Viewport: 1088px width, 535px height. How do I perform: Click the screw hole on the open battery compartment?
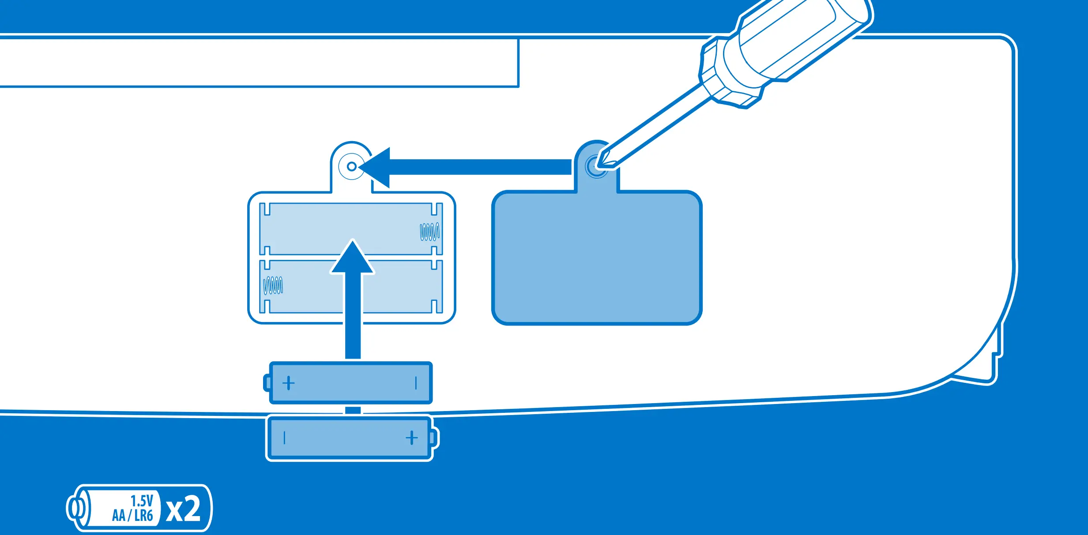(x=352, y=166)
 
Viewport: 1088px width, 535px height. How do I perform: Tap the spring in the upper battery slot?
(x=429, y=232)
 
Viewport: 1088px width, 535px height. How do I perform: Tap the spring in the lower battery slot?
(x=273, y=285)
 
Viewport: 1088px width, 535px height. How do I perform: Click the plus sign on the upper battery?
(x=288, y=383)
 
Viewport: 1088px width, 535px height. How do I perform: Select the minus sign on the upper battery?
(x=416, y=383)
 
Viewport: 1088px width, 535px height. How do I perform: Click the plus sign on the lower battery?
(x=411, y=438)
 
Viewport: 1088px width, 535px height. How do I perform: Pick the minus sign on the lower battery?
(x=285, y=438)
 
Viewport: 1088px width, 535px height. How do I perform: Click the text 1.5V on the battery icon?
(x=142, y=501)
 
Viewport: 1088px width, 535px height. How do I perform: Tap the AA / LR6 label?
(x=132, y=515)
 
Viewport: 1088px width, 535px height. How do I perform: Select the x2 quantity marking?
(x=183, y=509)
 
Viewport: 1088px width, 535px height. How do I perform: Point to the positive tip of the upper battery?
(x=267, y=383)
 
